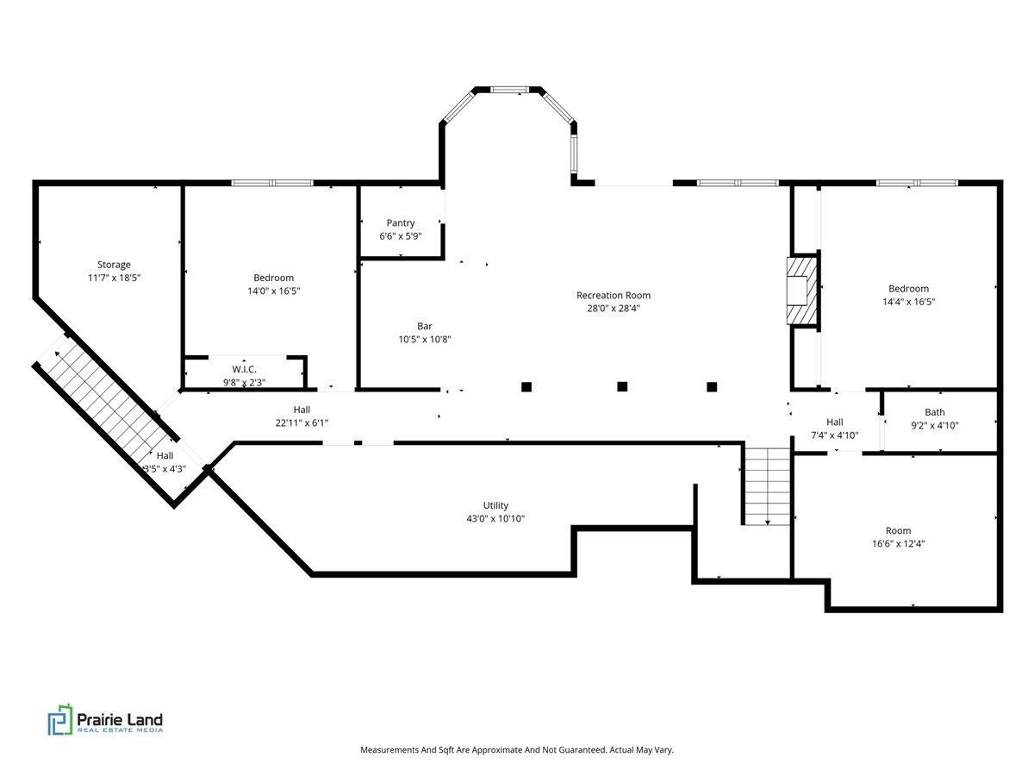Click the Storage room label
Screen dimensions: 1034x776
point(114,265)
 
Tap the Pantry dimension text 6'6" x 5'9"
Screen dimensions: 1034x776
point(401,236)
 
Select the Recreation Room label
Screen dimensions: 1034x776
point(614,296)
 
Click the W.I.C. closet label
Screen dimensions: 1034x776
point(244,369)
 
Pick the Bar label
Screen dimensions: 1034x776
point(425,326)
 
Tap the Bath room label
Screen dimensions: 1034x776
point(935,412)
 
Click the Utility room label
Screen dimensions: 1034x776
point(495,505)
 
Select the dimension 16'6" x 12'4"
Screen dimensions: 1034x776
point(898,544)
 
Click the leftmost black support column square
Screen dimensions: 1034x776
point(526,387)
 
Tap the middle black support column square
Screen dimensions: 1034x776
point(622,386)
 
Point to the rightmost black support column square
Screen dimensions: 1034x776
point(712,387)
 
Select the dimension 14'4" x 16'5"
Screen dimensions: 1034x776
point(909,302)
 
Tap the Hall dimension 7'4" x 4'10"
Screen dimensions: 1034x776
point(835,435)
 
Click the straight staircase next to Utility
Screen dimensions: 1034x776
point(768,485)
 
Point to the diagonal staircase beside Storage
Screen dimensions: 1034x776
point(105,404)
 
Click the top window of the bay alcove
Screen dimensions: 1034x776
point(510,90)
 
